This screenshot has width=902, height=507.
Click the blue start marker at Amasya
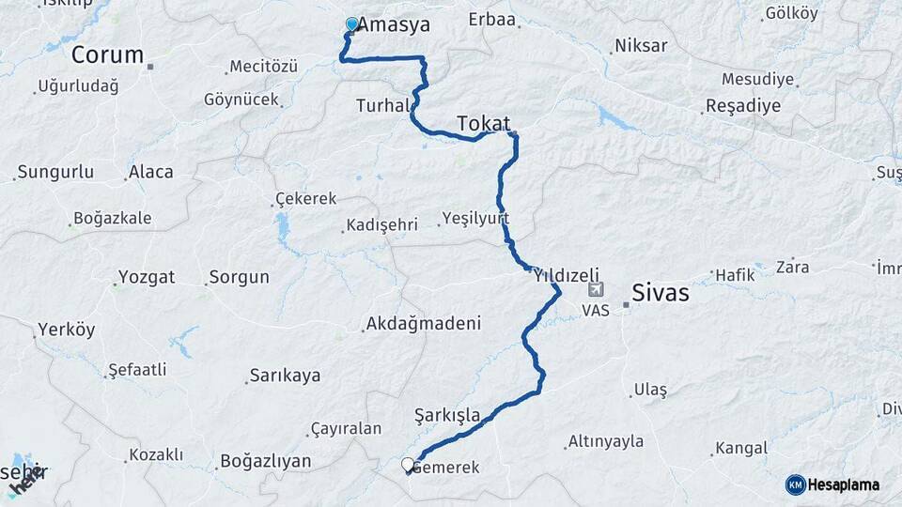click(x=352, y=24)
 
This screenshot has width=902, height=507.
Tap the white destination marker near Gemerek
click(x=408, y=464)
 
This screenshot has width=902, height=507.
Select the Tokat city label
click(x=483, y=123)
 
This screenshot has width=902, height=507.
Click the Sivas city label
click(x=660, y=293)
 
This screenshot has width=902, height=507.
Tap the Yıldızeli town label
click(x=566, y=275)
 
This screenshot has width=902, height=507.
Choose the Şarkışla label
click(x=447, y=414)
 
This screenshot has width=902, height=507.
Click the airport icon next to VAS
click(x=596, y=290)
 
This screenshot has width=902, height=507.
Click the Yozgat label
click(x=146, y=278)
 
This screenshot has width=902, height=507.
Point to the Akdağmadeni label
click(x=423, y=324)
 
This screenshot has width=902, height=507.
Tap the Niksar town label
click(x=641, y=45)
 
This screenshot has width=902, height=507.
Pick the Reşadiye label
click(x=745, y=105)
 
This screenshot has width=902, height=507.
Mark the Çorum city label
click(x=107, y=54)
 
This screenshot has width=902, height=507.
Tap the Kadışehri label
click(x=381, y=226)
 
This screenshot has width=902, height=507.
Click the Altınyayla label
click(x=606, y=441)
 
